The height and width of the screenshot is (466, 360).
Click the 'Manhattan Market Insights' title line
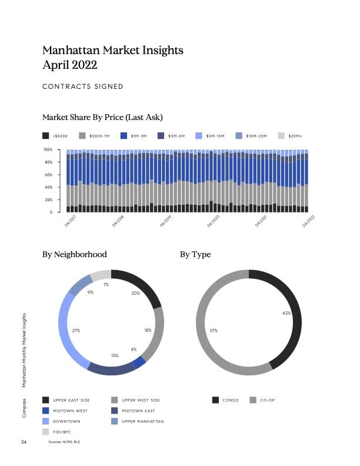[x=113, y=50]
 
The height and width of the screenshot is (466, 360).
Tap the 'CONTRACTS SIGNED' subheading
[x=83, y=86]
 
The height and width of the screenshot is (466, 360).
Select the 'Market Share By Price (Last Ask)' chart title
[x=102, y=117]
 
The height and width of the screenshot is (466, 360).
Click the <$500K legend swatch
[x=46, y=136]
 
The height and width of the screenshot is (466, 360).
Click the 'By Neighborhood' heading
[x=75, y=255]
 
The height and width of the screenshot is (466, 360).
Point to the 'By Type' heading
[x=195, y=255]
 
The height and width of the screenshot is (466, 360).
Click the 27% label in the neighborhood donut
[x=76, y=331]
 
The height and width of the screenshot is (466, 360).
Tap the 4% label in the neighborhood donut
[x=134, y=349]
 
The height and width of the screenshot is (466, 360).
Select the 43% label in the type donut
[x=286, y=313]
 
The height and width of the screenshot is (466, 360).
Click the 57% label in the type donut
[x=214, y=331]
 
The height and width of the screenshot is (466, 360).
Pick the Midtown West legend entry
[x=66, y=411]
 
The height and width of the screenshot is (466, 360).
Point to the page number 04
[x=24, y=441]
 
